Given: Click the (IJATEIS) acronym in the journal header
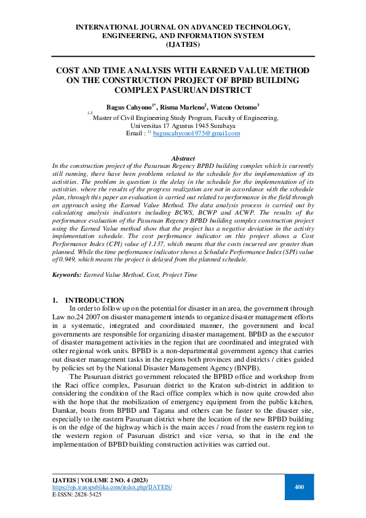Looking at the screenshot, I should pyautogui.click(x=183, y=44).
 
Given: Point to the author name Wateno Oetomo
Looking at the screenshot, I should pyautogui.click(x=237, y=106).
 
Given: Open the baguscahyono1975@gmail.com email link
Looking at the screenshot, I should pyautogui.click(x=196, y=133).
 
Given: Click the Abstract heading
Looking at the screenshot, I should pyautogui.click(x=183, y=158).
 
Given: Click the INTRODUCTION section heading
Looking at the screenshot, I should pyautogui.click(x=94, y=300).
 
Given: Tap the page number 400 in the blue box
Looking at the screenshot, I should pyautogui.click(x=300, y=487).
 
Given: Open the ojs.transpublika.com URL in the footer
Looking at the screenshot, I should pyautogui.click(x=111, y=487).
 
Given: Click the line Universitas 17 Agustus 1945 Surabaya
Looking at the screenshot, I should pyautogui.click(x=183, y=125).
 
